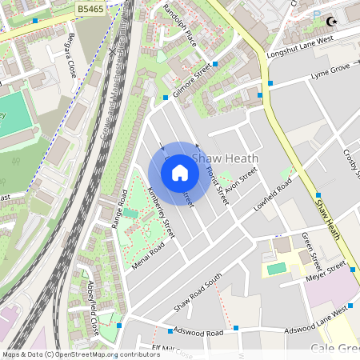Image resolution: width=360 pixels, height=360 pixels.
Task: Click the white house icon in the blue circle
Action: pos(180,173)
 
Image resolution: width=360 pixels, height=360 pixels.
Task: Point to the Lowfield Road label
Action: pos(273,200)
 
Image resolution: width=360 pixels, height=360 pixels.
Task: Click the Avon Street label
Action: pos(241,182)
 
